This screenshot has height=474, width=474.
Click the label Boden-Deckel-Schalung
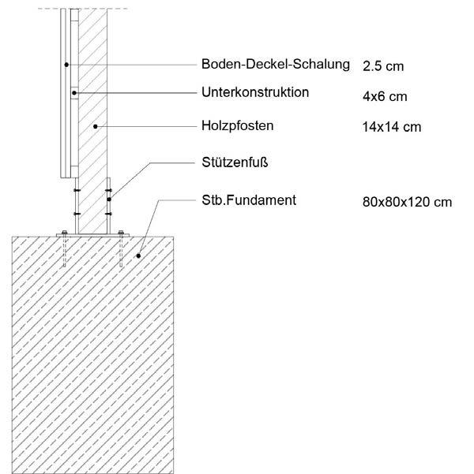tap(275, 65)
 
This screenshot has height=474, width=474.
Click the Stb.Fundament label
tap(248, 200)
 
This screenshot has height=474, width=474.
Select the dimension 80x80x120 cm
tap(407, 202)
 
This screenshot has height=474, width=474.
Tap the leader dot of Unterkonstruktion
tap(75, 93)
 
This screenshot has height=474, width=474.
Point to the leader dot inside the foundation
tap(138, 256)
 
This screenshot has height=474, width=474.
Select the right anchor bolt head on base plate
tap(121, 233)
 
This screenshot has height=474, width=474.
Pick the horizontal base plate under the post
tap(92, 234)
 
